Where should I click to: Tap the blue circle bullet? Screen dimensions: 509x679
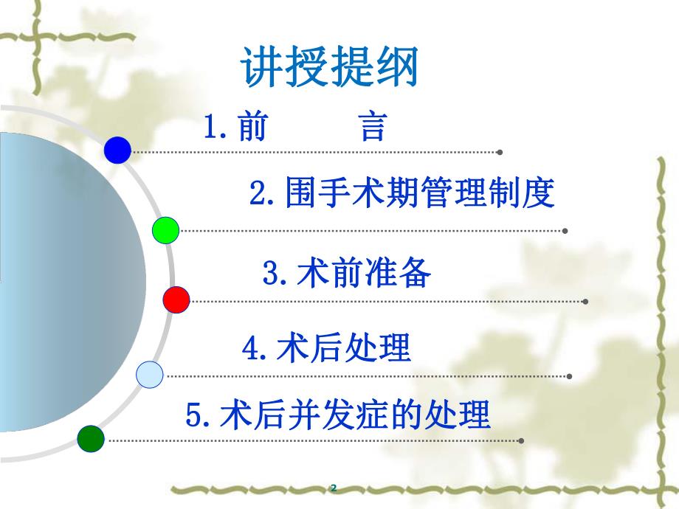tap(117, 150)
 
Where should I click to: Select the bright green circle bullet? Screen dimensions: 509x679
tap(166, 230)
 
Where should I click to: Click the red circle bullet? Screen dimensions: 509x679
tap(176, 299)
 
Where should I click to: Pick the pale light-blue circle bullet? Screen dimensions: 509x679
tap(150, 375)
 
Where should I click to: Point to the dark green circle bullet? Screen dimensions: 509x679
tap(91, 438)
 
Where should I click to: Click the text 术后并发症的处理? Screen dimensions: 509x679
tap(355, 415)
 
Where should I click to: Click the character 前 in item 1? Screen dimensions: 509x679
tap(253, 128)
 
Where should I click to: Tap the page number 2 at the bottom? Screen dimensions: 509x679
tap(334, 488)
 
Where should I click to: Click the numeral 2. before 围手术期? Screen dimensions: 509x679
tap(261, 195)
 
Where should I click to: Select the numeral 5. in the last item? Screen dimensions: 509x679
tap(199, 415)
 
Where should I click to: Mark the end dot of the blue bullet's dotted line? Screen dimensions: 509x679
tap(500, 152)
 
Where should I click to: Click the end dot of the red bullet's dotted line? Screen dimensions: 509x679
tap(585, 301)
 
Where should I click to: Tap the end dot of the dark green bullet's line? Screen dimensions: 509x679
tap(521, 440)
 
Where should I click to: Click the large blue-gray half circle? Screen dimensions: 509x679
tap(66, 280)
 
